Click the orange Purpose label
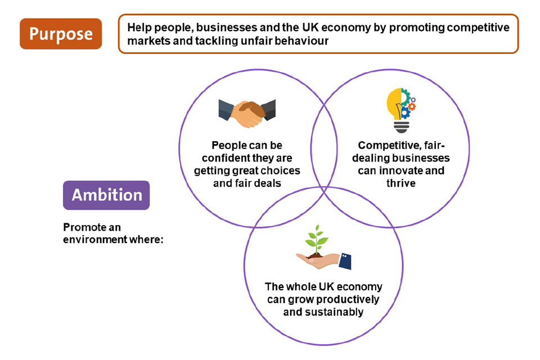coord(61,34)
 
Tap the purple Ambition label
coord(106,195)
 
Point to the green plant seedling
coord(317,241)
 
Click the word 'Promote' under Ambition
coord(84,227)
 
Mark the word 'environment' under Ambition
coord(94,238)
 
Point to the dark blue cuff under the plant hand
coord(344,260)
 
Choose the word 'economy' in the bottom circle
coord(361,287)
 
